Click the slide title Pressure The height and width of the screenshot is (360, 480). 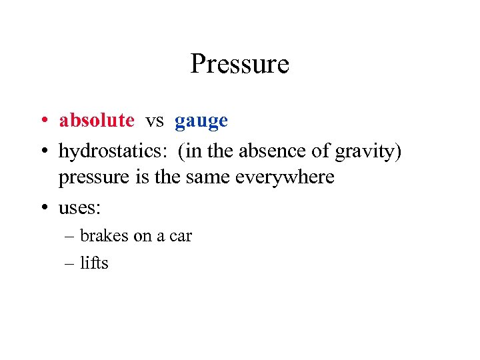point(239,65)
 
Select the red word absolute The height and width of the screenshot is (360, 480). point(97,121)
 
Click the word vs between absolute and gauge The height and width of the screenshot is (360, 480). point(155,121)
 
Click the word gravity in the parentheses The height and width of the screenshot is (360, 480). point(366,152)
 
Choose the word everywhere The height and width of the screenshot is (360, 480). point(283,179)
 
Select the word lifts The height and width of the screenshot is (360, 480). point(94,263)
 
